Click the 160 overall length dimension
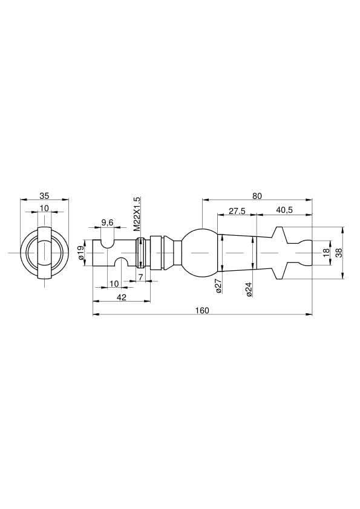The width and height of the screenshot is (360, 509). [x=202, y=311]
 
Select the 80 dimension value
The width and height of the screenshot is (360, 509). [x=257, y=196]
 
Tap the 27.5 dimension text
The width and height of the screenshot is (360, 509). [x=237, y=211]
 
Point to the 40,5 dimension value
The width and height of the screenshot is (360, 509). [x=284, y=210]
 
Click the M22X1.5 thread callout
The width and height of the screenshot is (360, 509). [x=137, y=213]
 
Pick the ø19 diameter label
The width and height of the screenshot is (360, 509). [x=81, y=253]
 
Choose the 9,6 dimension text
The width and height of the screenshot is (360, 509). [x=107, y=222]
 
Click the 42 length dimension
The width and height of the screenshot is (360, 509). [x=121, y=297]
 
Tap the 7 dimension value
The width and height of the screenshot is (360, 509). [x=140, y=277]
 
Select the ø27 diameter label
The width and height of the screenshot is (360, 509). [x=219, y=286]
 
